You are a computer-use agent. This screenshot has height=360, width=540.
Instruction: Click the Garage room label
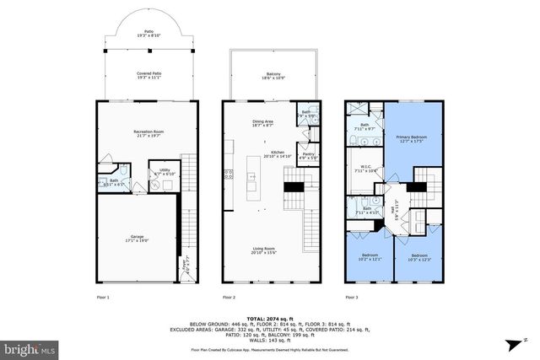click(136, 238)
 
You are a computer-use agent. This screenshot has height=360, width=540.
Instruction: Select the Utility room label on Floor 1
click(161, 169)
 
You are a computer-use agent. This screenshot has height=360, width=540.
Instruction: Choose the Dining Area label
click(262, 123)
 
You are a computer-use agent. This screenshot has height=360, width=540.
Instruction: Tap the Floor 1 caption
click(101, 298)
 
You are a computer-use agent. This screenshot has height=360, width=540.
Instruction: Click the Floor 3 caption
click(353, 298)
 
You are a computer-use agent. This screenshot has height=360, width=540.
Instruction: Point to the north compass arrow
click(510, 343)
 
